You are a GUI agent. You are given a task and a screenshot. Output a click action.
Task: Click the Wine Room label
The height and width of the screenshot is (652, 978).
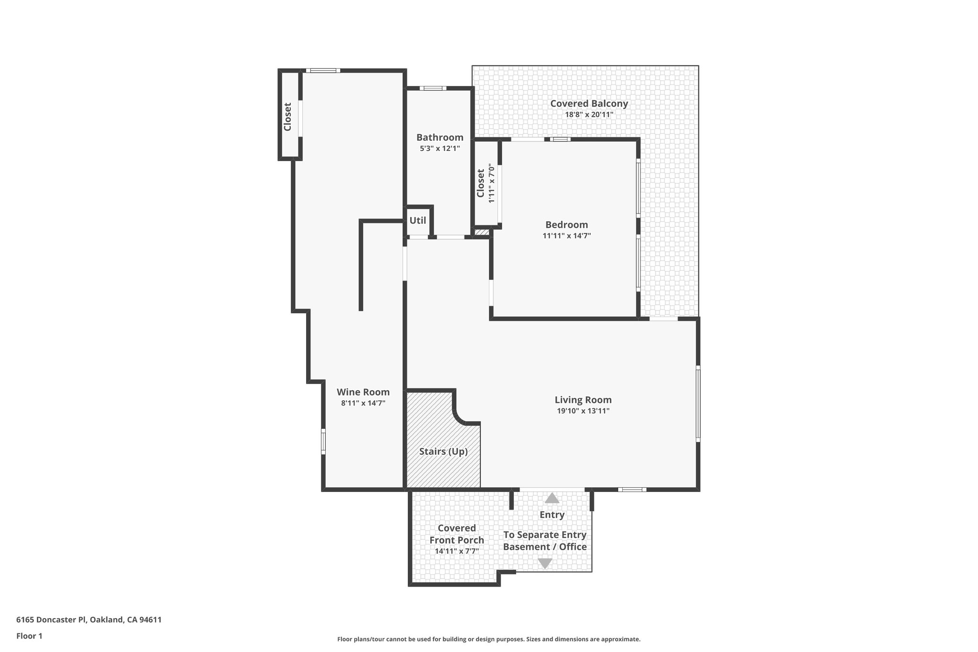pyautogui.click(x=363, y=392)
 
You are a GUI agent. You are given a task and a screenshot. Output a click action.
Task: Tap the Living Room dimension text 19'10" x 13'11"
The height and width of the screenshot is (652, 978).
pyautogui.click(x=583, y=411)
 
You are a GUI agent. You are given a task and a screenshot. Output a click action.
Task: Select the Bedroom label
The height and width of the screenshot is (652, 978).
pyautogui.click(x=566, y=224)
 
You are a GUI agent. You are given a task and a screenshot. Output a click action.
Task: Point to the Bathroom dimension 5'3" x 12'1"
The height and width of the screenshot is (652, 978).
pyautogui.click(x=439, y=149)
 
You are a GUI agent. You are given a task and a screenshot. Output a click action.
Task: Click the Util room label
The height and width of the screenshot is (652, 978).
pyautogui.click(x=417, y=221)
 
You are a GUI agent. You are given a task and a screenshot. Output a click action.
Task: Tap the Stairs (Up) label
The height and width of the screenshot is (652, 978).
pyautogui.click(x=443, y=451)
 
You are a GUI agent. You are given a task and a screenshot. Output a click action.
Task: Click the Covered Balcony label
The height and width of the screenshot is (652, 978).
pyautogui.click(x=589, y=103)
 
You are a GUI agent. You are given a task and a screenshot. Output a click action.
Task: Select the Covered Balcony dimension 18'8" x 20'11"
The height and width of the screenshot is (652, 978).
pyautogui.click(x=589, y=115)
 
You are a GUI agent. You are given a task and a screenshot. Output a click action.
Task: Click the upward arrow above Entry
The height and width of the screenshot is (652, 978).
pyautogui.click(x=552, y=498)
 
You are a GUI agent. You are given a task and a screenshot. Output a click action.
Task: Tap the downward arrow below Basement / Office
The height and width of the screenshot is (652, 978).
pyautogui.click(x=545, y=563)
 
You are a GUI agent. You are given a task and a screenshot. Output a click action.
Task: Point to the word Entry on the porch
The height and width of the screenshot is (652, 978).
pyautogui.click(x=552, y=514)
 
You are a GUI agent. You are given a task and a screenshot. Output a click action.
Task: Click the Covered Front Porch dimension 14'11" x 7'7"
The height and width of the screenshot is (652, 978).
pyautogui.click(x=457, y=551)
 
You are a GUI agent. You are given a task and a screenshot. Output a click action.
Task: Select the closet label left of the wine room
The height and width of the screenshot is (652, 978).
pyautogui.click(x=287, y=117)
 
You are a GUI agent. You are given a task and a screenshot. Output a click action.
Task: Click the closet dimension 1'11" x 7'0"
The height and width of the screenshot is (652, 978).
pyautogui.click(x=491, y=183)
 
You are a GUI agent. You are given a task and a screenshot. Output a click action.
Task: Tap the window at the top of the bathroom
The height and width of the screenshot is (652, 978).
pyautogui.click(x=433, y=88)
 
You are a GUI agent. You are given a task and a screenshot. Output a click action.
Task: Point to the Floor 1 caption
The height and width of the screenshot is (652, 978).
pyautogui.click(x=29, y=636)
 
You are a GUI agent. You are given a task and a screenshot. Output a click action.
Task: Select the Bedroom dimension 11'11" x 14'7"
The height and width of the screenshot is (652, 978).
pyautogui.click(x=566, y=235)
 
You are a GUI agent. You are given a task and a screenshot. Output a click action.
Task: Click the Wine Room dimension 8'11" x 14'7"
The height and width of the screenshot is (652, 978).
pyautogui.click(x=363, y=403)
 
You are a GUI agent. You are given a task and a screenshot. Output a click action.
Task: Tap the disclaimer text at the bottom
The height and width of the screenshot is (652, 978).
pyautogui.click(x=489, y=639)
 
